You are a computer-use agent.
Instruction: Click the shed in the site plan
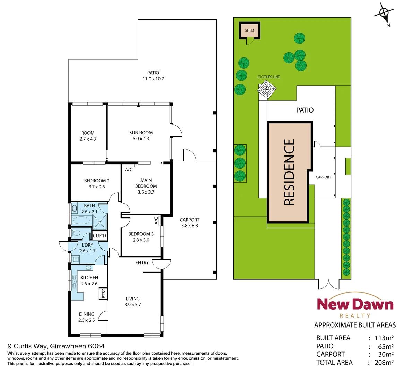(249, 30)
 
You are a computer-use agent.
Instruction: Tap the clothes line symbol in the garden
(267, 89)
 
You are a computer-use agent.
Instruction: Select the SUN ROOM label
(141, 133)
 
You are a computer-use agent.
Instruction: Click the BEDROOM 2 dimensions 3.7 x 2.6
(96, 187)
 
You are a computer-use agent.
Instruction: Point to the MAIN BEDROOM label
(146, 183)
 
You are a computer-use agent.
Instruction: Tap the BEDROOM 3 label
(141, 234)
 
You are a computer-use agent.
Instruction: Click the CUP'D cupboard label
(100, 236)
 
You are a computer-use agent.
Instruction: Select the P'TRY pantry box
(103, 294)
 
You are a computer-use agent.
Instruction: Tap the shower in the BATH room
(100, 222)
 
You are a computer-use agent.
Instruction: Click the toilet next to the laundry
(76, 233)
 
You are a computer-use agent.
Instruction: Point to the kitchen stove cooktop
(88, 267)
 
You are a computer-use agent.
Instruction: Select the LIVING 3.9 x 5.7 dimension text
(133, 305)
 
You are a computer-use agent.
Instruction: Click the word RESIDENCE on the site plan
(289, 172)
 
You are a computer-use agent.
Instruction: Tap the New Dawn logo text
(355, 304)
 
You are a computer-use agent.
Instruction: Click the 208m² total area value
(384, 363)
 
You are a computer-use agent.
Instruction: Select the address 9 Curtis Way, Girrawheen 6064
(56, 346)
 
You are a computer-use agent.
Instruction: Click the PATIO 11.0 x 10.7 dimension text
(153, 79)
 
